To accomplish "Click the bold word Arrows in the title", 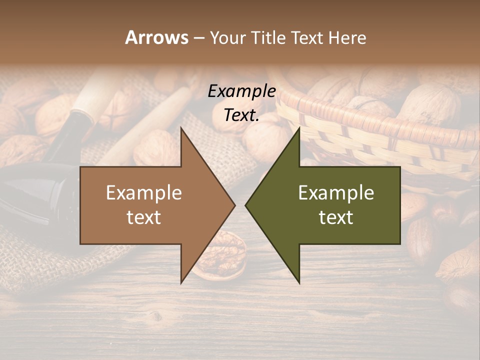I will pyautogui.click(x=156, y=37).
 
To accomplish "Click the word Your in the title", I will pyautogui.click(x=228, y=37).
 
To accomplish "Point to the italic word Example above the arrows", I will pyautogui.click(x=241, y=91).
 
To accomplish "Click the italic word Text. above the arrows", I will pyautogui.click(x=241, y=115).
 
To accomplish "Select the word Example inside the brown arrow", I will pyautogui.click(x=144, y=193).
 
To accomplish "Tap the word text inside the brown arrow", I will pyautogui.click(x=144, y=217).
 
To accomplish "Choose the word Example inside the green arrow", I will pyautogui.click(x=336, y=193).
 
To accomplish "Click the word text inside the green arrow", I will pyautogui.click(x=336, y=217).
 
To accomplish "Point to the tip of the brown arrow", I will pyautogui.click(x=234, y=205).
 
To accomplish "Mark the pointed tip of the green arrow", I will pyautogui.click(x=245, y=205).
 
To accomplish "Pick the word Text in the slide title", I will pyautogui.click(x=307, y=37).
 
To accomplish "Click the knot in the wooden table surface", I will pyautogui.click(x=156, y=316).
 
